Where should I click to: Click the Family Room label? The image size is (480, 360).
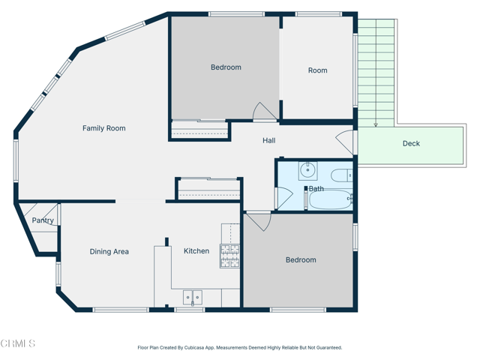(103, 128)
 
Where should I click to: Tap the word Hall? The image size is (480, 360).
(268, 140)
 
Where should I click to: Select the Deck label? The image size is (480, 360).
(411, 143)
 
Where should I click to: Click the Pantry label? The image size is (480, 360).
(43, 220)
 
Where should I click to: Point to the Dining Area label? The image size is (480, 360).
(109, 252)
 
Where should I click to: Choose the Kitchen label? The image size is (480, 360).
(196, 251)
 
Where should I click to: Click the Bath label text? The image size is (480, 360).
(316, 189)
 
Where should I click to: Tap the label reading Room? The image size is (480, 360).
(317, 70)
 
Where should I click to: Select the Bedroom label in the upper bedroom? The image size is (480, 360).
(226, 67)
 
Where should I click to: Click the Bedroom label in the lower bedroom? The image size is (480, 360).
(301, 260)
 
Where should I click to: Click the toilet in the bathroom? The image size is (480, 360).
(341, 176)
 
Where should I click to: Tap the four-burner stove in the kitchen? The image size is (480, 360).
(229, 256)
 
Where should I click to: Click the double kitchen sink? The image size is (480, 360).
(193, 298)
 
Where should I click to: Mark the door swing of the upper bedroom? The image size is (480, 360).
(265, 112)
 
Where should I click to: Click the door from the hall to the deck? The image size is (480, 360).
(345, 142)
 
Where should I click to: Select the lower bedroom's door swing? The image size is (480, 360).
(258, 220)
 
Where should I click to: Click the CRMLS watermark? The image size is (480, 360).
(18, 343)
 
